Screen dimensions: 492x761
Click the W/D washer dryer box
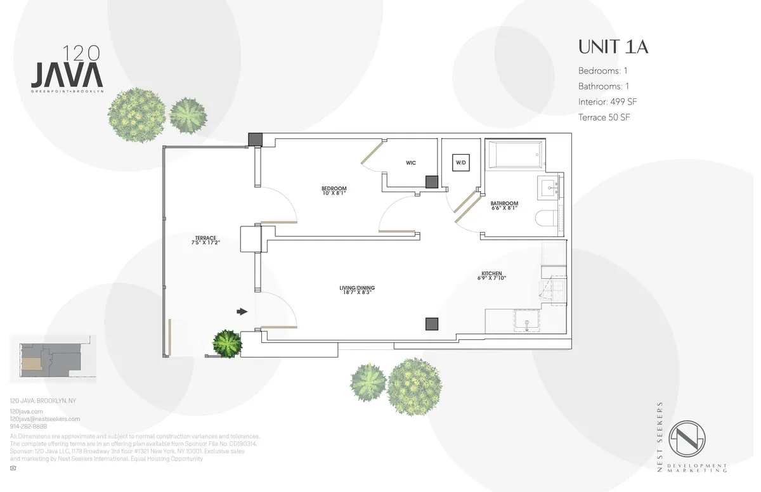point(460,162)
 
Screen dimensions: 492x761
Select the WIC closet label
point(410,163)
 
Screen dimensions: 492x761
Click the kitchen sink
point(527,320)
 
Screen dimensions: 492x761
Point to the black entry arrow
point(242,311)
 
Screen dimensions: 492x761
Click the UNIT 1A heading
point(613,47)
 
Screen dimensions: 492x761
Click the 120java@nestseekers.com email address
point(45,419)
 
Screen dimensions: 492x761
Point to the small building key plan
point(53,358)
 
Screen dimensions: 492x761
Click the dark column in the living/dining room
point(431,323)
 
